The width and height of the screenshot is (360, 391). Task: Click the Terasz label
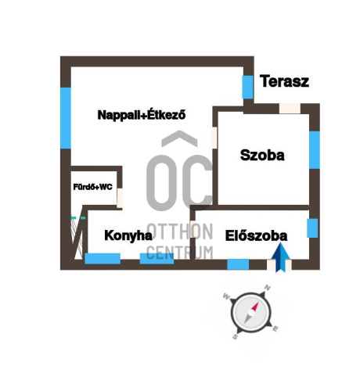284,81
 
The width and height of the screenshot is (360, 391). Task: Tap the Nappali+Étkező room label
142,115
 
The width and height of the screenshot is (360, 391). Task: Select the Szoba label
262,155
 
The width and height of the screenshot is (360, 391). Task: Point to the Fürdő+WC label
92,187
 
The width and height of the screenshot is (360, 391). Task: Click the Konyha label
128,235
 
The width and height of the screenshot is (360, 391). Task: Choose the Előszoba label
256,236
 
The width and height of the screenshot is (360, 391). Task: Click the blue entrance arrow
280,257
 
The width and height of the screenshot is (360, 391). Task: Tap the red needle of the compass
255,307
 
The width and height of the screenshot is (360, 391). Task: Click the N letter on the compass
268,288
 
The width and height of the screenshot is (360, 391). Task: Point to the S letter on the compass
235,337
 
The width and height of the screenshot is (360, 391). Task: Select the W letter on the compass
226,296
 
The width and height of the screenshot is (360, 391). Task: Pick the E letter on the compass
275,329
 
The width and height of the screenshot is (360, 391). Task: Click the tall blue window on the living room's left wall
66,118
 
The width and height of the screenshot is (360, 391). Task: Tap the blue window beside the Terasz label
247,88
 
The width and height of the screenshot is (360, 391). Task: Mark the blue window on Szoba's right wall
315,150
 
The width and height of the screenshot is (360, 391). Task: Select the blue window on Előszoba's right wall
312,228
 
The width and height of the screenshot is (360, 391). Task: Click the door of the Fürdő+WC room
120,198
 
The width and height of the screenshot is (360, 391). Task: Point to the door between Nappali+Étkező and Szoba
214,138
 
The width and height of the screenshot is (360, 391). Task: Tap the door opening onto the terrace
290,109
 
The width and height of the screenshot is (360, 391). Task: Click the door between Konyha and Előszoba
193,229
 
